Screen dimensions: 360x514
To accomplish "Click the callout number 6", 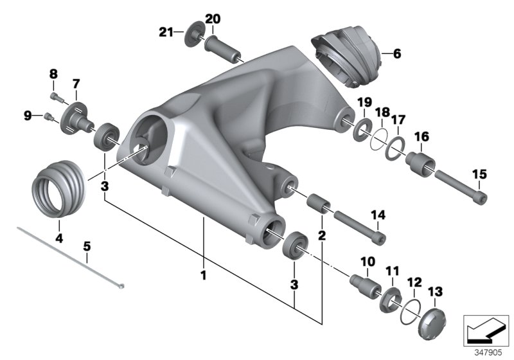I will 396,55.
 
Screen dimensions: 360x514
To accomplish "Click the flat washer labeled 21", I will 192,34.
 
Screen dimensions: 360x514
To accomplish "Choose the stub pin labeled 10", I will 364,283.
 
